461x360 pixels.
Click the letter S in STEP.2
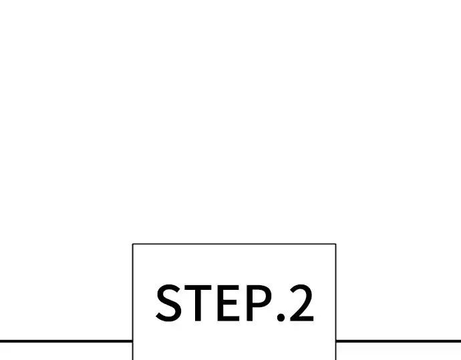point(168,303)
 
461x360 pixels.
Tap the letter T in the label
point(198,303)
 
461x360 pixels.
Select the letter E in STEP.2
point(228,303)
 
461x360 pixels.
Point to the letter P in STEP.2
point(259,303)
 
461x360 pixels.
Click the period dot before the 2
point(281,317)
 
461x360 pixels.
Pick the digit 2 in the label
point(302,303)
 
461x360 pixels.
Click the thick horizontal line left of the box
point(66,341)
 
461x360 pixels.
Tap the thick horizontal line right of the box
point(398,341)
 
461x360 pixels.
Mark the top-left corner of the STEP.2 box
point(132,244)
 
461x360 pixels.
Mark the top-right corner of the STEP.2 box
point(336,244)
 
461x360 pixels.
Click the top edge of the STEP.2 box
point(235,244)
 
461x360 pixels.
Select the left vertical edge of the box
point(133,302)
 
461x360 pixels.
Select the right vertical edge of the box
point(336,302)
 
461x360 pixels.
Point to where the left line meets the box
point(132,341)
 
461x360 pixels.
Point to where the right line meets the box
point(336,341)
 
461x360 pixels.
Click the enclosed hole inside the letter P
point(259,297)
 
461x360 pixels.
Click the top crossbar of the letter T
point(198,288)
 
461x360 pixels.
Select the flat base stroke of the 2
point(302,319)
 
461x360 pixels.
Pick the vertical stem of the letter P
point(250,303)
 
